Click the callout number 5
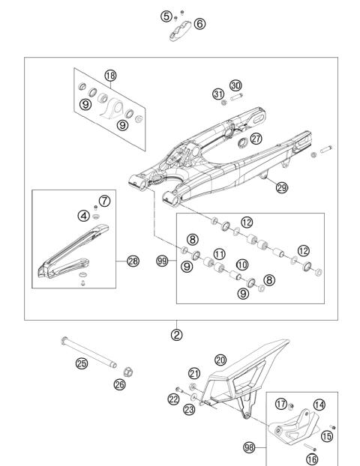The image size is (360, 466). point(166,15)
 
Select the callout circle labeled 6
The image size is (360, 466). point(199,24)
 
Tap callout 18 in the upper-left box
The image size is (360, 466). point(111,76)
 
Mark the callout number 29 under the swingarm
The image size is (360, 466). point(281,188)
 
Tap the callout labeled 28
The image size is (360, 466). point(133,261)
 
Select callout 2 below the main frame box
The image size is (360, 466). point(176,335)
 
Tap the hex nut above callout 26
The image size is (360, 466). point(128,371)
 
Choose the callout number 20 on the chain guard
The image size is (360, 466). point(220,359)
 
